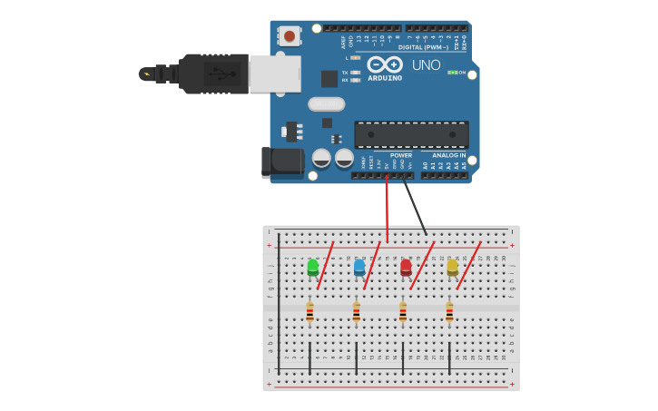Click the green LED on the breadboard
click(x=313, y=267)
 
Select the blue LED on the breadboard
click(x=359, y=267)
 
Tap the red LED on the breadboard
click(x=406, y=267)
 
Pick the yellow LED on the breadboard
click(x=452, y=267)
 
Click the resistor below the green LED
click(x=309, y=312)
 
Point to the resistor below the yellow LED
click(x=449, y=312)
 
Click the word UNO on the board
click(x=426, y=65)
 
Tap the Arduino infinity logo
click(x=385, y=64)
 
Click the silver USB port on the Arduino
click(x=274, y=73)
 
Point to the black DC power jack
click(x=282, y=161)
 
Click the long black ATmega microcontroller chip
click(x=411, y=134)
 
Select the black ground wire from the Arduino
click(x=415, y=207)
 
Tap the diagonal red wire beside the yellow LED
click(x=468, y=265)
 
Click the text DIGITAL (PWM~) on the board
click(x=423, y=47)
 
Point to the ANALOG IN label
click(x=449, y=155)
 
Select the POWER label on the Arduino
click(x=400, y=155)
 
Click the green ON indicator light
click(x=451, y=73)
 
